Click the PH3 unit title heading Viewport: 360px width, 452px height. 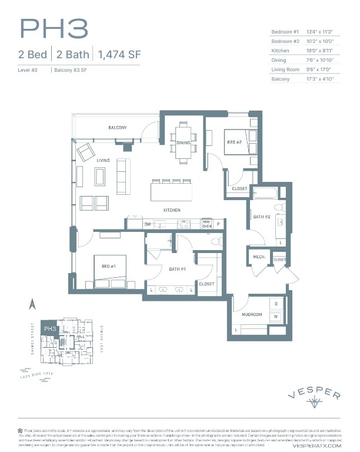(54, 29)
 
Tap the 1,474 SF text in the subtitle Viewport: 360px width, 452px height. (119, 55)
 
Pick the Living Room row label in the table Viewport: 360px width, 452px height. (286, 69)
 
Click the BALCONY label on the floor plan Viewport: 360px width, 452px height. (117, 128)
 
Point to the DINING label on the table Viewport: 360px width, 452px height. (183, 142)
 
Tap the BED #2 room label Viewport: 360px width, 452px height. (234, 142)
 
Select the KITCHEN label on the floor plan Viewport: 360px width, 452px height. (172, 210)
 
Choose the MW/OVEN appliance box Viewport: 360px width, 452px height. (207, 224)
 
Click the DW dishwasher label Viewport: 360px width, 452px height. (148, 224)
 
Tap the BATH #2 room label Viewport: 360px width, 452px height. (261, 218)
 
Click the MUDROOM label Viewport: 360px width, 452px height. (251, 315)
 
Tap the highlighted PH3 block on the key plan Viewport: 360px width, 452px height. (49, 328)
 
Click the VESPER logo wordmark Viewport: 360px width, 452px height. (314, 395)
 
